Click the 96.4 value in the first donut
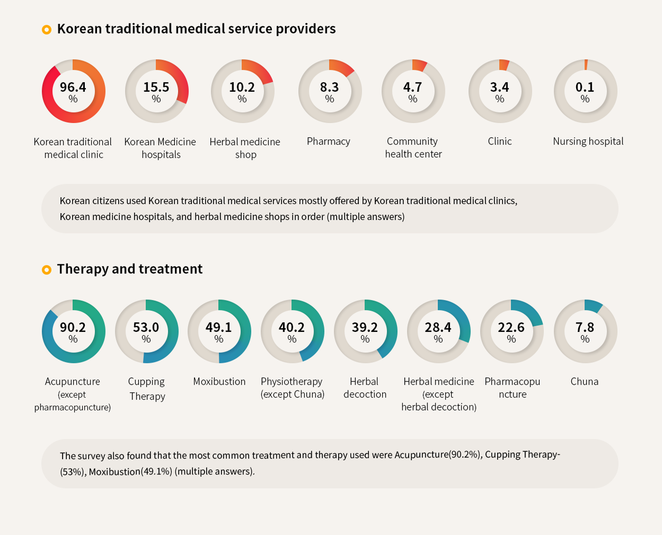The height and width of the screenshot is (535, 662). tap(73, 87)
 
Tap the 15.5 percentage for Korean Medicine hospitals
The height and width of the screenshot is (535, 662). tap(156, 87)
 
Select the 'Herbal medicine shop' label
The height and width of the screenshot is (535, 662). tap(245, 148)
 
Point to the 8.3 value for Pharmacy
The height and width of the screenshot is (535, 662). tap(329, 87)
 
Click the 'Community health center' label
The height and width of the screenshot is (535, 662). tap(413, 148)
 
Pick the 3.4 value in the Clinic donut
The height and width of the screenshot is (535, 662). tap(500, 87)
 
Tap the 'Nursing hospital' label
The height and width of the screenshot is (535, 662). tap(588, 141)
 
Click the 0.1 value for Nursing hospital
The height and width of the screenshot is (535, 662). tap(585, 87)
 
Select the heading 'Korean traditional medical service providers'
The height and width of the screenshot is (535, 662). tap(196, 28)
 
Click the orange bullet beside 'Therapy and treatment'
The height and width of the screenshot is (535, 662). tap(46, 270)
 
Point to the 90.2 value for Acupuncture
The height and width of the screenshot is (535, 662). tap(73, 327)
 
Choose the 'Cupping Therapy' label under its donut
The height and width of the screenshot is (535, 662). tap(147, 388)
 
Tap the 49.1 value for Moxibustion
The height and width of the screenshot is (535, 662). tap(218, 327)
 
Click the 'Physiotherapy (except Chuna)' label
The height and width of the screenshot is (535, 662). tap(292, 388)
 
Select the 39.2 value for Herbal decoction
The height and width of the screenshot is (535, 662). tap(365, 327)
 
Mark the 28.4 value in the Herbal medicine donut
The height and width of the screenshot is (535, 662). tap(438, 327)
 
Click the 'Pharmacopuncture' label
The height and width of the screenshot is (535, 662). tap(512, 388)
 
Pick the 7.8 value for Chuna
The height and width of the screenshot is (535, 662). tap(585, 327)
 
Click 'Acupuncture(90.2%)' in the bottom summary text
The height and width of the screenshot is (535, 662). tap(437, 455)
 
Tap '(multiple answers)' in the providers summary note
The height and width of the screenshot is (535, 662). tap(366, 216)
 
